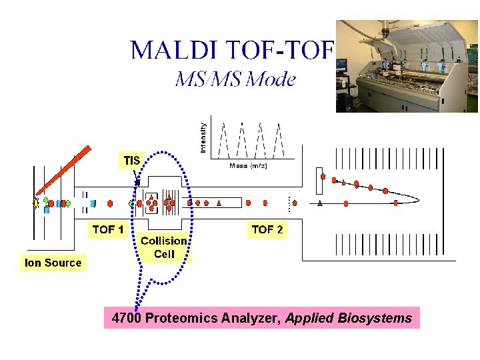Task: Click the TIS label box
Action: pos(131,160)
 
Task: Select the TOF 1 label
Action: pos(108,229)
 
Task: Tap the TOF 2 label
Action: pos(267,229)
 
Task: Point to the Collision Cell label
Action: pos(164,247)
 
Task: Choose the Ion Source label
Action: pos(53,263)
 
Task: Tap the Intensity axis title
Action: pos(203,135)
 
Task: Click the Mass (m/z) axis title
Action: pos(248,166)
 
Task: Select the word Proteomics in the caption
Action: pos(181,318)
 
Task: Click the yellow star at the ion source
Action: pos(36,203)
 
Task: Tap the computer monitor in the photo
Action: pos(341,65)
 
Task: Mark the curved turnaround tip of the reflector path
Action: pos(417,197)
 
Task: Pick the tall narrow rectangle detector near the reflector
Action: pos(319,180)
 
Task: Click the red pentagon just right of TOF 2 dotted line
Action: pos(295,202)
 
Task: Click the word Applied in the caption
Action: pos(309,318)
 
